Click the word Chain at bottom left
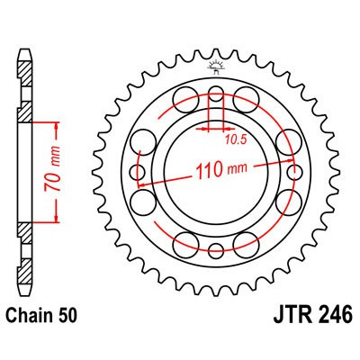[32, 338]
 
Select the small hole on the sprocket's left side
[137, 171]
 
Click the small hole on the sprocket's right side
[294, 171]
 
